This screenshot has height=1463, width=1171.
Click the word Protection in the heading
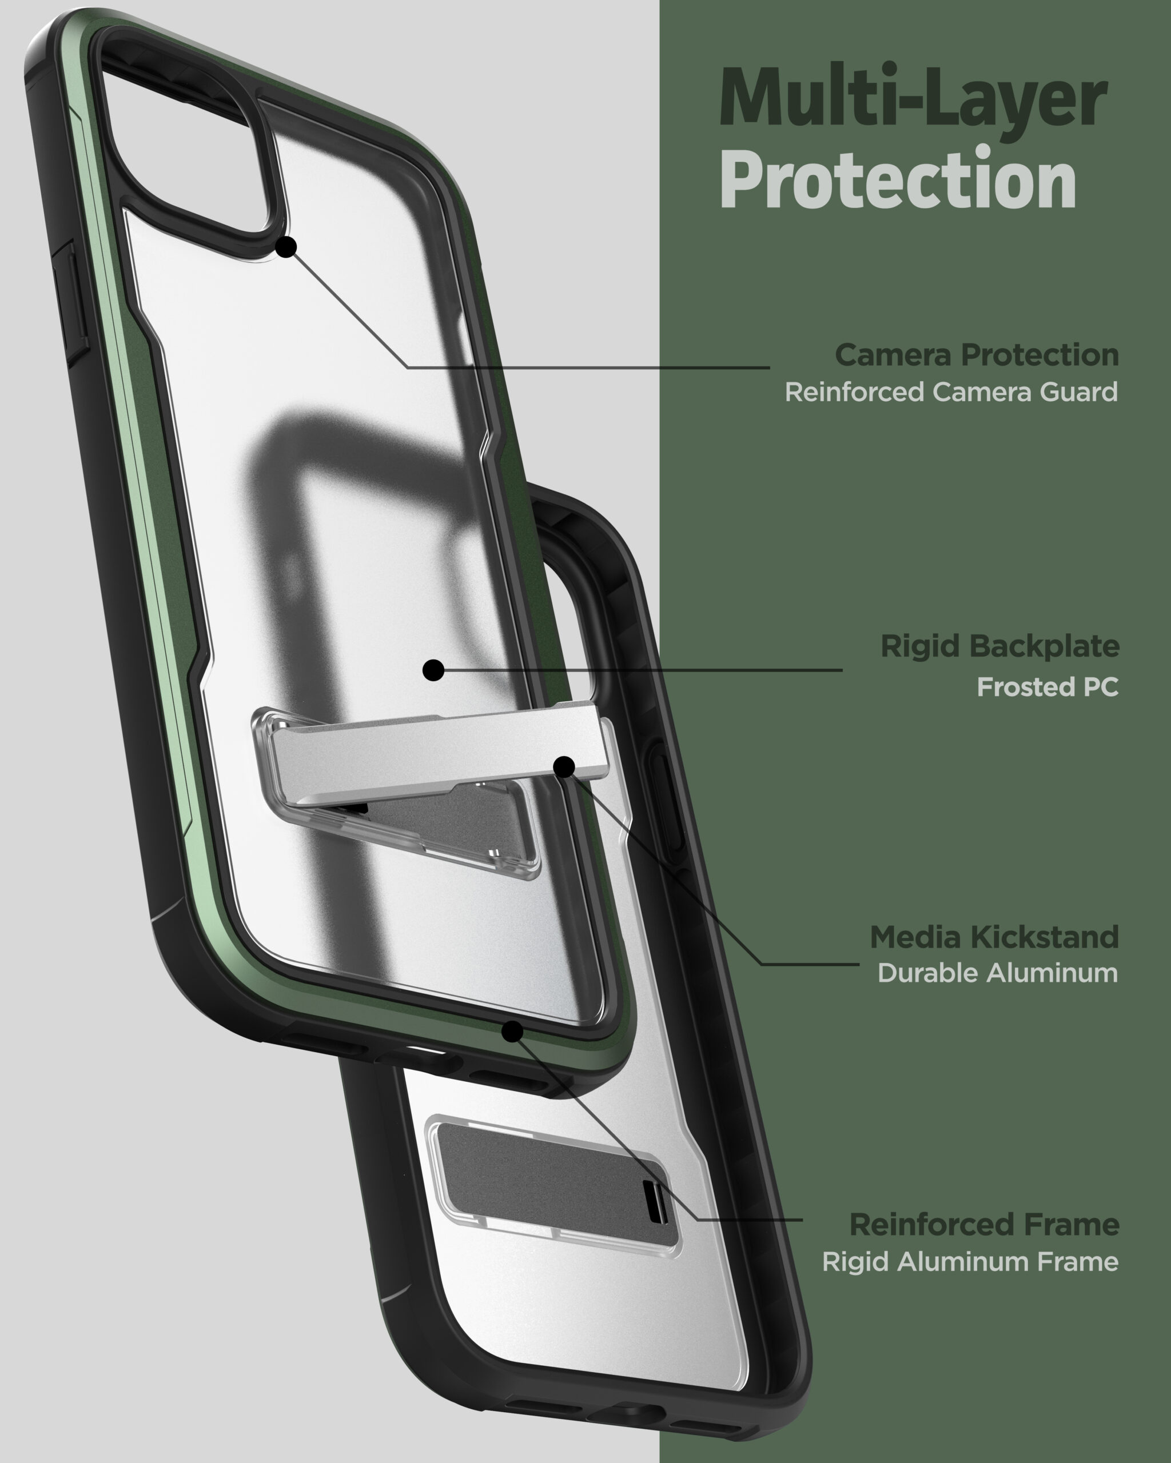point(898,179)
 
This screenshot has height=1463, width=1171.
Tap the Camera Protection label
point(977,355)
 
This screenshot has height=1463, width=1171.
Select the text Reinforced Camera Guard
point(951,392)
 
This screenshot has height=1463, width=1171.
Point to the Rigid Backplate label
point(1000,646)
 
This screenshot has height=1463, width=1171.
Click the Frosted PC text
point(1047,687)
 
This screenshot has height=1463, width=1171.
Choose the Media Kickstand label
point(994,937)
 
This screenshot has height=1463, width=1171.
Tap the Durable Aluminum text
point(998,973)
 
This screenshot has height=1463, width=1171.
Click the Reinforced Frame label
point(985,1225)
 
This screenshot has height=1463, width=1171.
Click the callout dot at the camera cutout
point(286,247)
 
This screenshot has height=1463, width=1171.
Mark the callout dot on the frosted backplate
point(433,670)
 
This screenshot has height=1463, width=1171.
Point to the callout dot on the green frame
point(512,1032)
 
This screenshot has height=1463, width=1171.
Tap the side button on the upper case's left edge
point(71,302)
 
